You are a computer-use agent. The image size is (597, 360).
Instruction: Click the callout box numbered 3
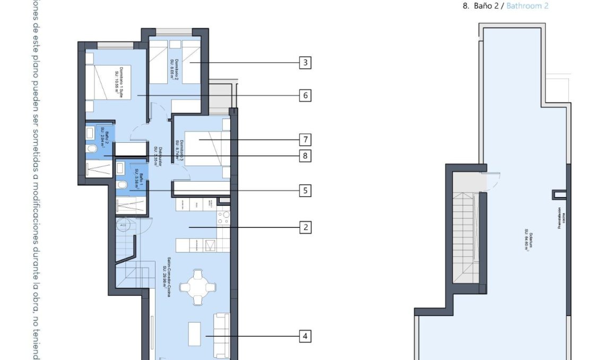pyautogui.click(x=305, y=63)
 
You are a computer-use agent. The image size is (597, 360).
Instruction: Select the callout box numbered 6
pyautogui.click(x=305, y=96)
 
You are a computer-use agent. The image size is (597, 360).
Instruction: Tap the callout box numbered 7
pyautogui.click(x=305, y=140)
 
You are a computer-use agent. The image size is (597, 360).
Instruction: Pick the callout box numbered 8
pyautogui.click(x=305, y=156)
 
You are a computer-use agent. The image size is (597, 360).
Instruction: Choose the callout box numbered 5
pyautogui.click(x=305, y=190)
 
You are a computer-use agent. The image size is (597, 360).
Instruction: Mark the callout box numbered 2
pyautogui.click(x=305, y=227)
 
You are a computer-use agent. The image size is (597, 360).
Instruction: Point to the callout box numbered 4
pyautogui.click(x=305, y=336)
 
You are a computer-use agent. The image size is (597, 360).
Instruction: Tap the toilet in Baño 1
pyautogui.click(x=122, y=185)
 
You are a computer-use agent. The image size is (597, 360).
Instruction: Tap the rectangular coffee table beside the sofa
pyautogui.click(x=194, y=335)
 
